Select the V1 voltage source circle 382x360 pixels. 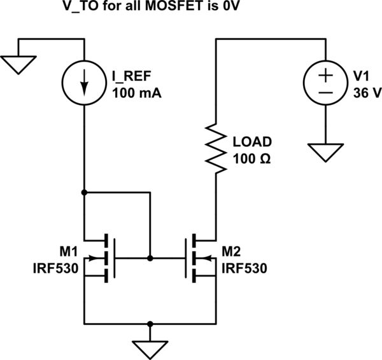325,84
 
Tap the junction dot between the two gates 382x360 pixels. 150,258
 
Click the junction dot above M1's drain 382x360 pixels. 85,191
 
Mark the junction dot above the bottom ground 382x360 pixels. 150,324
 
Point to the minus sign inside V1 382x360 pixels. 325,93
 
